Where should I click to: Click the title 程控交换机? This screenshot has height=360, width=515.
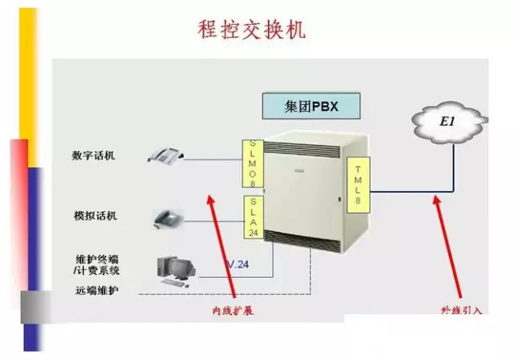250,30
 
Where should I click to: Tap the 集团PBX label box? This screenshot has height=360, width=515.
311,106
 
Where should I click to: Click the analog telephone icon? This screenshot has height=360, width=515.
169,217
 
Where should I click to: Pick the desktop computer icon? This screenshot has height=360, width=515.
176,269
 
